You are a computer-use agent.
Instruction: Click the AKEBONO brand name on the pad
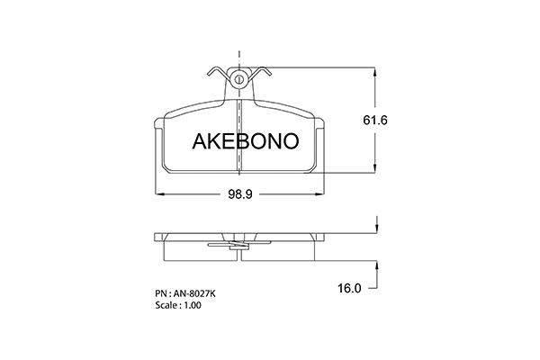pos(245,141)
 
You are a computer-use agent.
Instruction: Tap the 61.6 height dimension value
pos(375,121)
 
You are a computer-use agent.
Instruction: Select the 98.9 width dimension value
pos(240,194)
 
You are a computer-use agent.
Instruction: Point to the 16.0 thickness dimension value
pos(349,288)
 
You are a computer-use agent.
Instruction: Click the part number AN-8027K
pos(194,293)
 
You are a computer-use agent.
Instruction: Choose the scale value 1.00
pos(193,305)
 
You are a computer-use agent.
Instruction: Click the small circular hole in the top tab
pos(238,79)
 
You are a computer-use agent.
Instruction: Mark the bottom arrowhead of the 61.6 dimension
pos(375,167)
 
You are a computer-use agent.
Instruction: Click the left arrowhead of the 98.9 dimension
pos(161,194)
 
